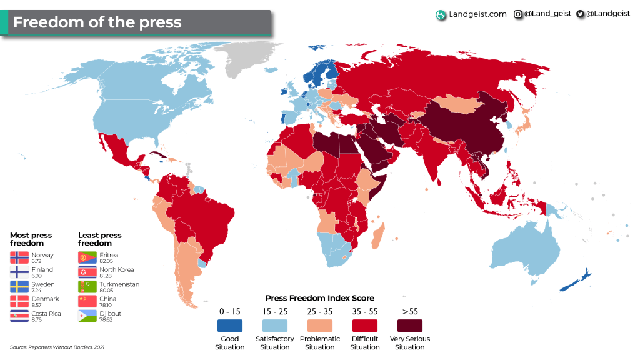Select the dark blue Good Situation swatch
coord(230,326)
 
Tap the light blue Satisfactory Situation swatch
coord(275,326)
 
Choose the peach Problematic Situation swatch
coord(320,326)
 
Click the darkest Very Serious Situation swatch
coord(410,326)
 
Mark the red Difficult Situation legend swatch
coord(365,326)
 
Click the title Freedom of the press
coord(97,23)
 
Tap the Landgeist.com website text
coord(477,14)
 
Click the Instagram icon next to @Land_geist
coord(518,14)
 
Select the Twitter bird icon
coord(581,14)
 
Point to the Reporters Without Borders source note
coord(57,347)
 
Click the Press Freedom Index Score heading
coord(320,298)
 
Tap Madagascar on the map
coord(377,238)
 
